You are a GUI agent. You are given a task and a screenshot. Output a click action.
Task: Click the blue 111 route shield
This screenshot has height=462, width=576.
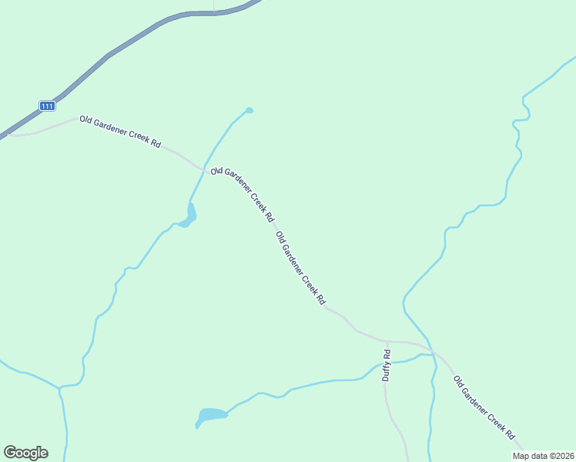[47, 105]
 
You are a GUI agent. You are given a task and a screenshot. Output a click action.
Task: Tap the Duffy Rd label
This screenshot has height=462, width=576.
[387, 365]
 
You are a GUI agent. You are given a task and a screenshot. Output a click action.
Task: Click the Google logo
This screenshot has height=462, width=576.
[25, 453]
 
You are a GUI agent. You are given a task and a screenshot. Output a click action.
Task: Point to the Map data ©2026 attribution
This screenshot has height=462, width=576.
[543, 456]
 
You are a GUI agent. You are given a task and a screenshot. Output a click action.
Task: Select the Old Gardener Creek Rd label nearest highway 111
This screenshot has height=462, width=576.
[120, 132]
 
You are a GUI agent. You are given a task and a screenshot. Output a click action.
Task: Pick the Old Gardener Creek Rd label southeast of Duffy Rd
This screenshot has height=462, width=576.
[484, 408]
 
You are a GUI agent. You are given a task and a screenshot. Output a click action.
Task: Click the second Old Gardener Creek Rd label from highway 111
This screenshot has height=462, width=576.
[243, 195]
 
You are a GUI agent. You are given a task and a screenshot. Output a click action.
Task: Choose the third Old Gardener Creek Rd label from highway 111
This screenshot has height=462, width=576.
[300, 269]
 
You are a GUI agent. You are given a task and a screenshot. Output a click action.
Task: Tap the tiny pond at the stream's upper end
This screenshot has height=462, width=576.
[249, 110]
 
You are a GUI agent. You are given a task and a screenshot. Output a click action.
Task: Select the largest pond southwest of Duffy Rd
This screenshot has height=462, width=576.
[213, 415]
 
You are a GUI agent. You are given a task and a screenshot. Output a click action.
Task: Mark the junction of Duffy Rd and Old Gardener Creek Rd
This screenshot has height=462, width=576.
[387, 340]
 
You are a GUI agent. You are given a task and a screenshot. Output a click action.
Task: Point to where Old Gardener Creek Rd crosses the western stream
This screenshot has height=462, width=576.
[204, 169]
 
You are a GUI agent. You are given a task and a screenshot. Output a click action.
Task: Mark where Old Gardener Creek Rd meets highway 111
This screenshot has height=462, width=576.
[8, 134]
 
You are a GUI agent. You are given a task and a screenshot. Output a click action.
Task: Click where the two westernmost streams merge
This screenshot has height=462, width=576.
[59, 387]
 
